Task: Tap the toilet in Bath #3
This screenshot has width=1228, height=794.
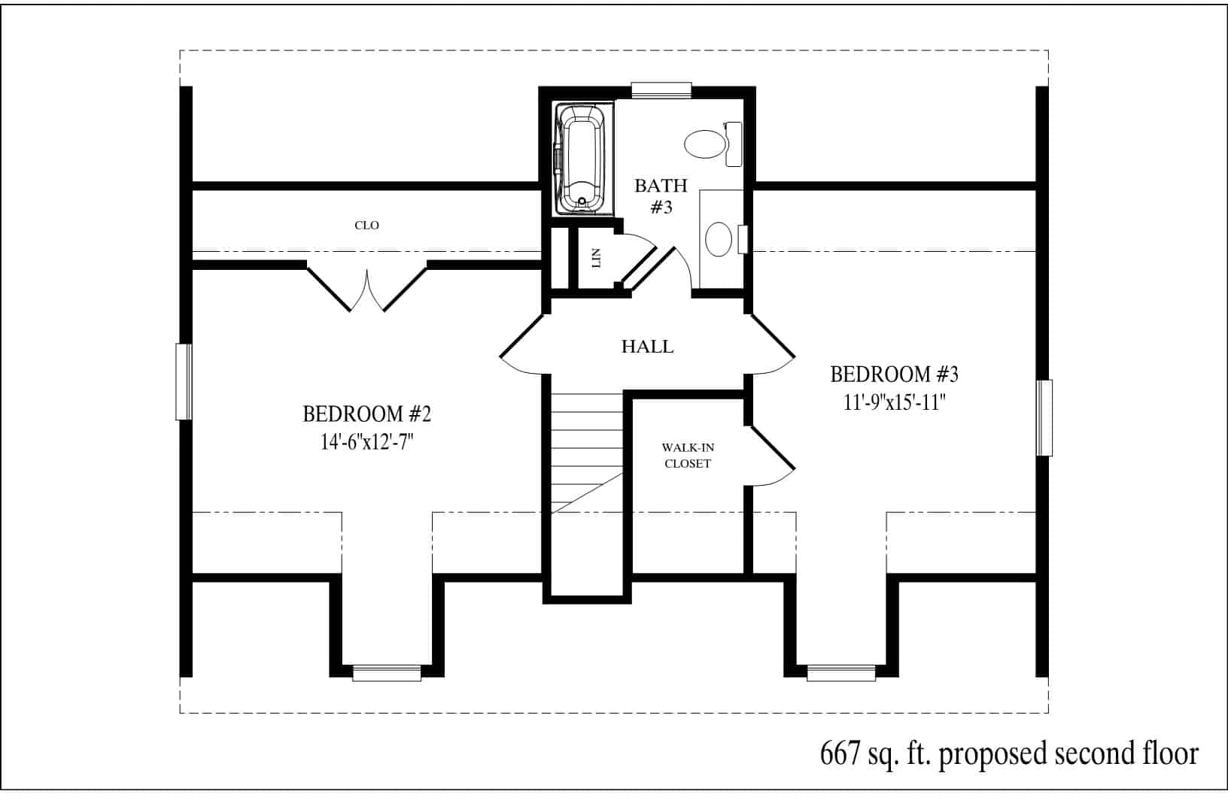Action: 713,144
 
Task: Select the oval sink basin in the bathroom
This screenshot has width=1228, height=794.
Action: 718,239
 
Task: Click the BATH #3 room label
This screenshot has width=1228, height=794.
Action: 661,196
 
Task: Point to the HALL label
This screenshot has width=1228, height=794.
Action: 647,347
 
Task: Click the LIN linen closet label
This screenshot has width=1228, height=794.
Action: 597,258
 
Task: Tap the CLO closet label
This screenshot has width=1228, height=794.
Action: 366,226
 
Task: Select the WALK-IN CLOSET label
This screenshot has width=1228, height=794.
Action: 688,456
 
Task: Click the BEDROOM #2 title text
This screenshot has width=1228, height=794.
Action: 366,414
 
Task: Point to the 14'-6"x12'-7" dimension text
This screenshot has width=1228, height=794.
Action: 366,441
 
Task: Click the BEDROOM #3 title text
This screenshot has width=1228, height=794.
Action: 894,374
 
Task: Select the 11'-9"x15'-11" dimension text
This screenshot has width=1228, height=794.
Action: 894,403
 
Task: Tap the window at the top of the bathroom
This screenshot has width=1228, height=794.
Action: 661,90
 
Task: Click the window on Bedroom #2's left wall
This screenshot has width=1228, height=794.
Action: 184,381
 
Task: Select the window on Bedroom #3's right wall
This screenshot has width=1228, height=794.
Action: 1044,417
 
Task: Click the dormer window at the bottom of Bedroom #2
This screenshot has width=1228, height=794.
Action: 387,673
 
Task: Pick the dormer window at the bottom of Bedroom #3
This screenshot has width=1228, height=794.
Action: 841,673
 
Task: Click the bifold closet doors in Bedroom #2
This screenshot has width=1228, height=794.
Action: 366,288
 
